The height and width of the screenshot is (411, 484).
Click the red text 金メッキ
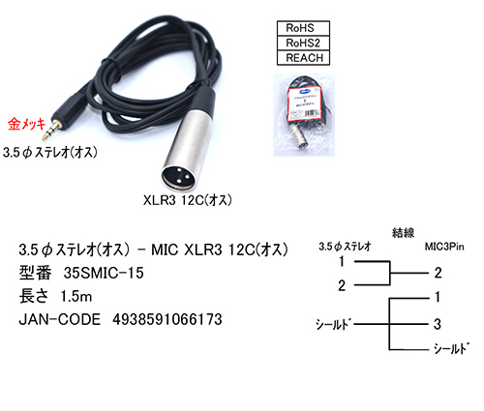(26, 125)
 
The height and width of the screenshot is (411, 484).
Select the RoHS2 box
(303, 43)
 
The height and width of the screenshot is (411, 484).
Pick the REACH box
(303, 58)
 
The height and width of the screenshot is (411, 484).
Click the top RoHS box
(303, 28)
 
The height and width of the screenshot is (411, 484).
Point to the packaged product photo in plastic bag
(304, 115)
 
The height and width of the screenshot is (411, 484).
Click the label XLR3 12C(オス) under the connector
(188, 200)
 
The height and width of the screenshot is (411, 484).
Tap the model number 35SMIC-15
(104, 274)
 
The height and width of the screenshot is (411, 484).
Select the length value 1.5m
(76, 297)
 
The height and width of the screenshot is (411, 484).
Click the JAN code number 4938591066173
(167, 319)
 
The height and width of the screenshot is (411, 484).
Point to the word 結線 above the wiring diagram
(403, 232)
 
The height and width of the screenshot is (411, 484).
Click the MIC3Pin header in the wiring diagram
(444, 247)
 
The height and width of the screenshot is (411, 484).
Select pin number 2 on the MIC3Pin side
(438, 273)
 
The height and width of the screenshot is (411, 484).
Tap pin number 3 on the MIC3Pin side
(438, 324)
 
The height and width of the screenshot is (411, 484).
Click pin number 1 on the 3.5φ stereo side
(342, 261)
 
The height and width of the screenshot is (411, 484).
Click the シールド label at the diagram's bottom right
(451, 348)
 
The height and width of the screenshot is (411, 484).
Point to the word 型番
(36, 274)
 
